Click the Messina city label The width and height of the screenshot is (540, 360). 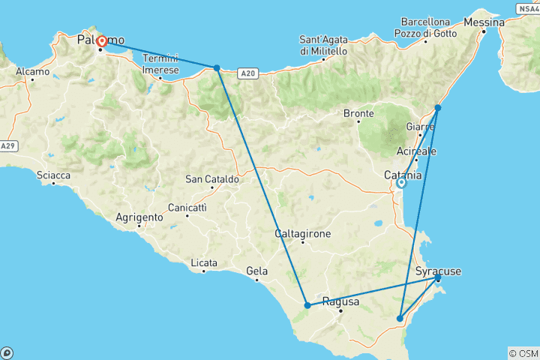tap(483, 22)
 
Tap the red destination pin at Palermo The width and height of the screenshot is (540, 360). tap(101, 40)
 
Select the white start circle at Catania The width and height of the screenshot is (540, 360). tap(401, 182)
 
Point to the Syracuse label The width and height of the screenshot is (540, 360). tap(438, 271)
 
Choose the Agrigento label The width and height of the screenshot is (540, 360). tap(139, 217)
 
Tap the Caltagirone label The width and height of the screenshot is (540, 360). tap(303, 233)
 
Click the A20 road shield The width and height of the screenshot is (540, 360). tap(249, 73)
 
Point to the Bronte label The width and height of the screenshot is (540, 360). tap(358, 114)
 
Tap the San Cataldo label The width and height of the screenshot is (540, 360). tap(212, 179)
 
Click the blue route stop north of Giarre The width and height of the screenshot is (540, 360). tap(438, 108)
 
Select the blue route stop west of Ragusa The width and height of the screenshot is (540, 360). tap(307, 305)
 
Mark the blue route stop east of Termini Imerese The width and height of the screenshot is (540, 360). tap(217, 67)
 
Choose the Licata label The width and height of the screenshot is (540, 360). tap(204, 262)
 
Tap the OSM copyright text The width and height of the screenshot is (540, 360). tap(523, 353)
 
